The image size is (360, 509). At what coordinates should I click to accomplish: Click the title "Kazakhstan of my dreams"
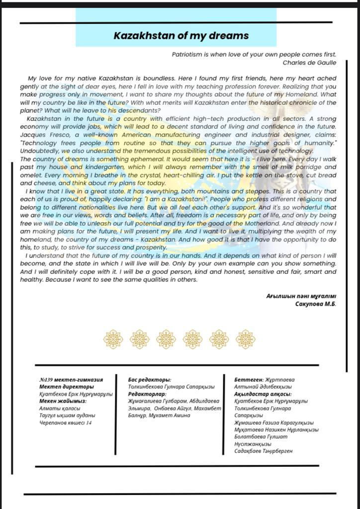181,36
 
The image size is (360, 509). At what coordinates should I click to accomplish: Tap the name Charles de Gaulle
309,63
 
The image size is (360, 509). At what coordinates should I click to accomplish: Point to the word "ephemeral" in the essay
139,159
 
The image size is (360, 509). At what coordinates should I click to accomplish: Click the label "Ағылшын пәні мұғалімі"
301,296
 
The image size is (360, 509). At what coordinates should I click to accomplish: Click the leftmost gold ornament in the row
113,339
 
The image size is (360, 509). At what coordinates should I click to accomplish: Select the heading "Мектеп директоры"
66,387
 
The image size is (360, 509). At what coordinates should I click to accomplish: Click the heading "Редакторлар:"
147,394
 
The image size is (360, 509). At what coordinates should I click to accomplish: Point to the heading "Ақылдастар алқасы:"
262,394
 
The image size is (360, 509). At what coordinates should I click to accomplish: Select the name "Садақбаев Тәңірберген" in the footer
263,451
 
